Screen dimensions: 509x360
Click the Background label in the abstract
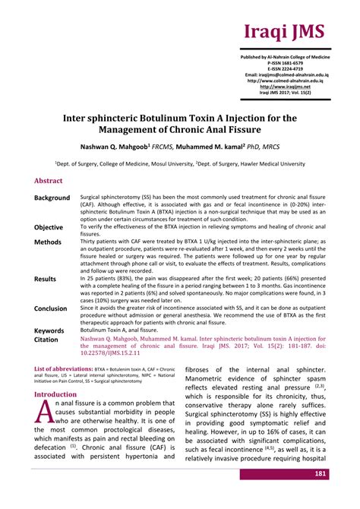click(x=52, y=198)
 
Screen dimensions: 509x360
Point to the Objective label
click(x=49, y=227)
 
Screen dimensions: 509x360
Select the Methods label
click(x=47, y=242)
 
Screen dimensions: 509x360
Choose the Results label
click(x=46, y=279)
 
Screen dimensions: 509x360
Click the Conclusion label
click(x=50, y=308)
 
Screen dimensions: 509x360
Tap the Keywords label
click(x=49, y=330)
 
